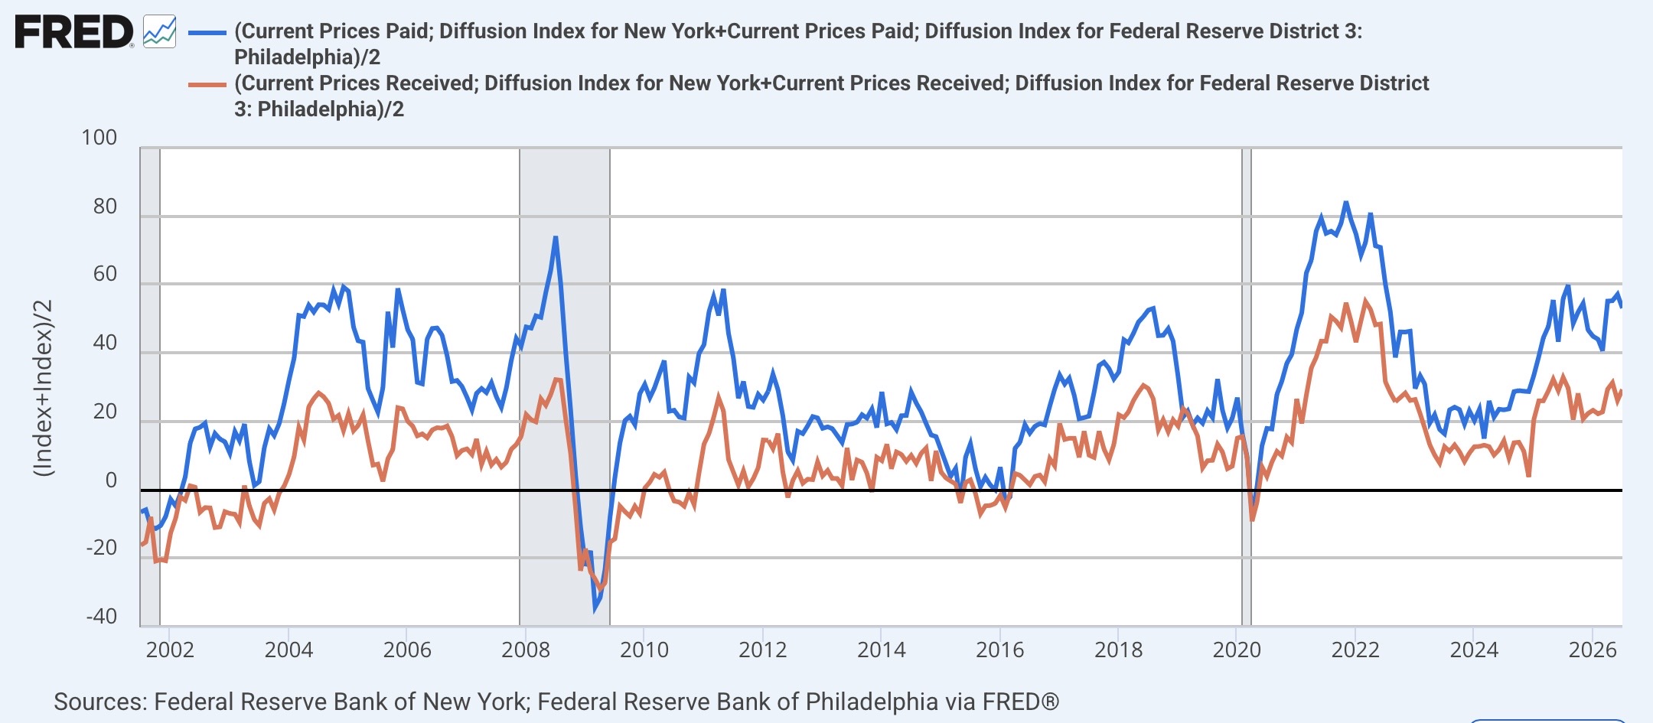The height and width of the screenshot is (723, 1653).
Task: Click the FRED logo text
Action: [74, 33]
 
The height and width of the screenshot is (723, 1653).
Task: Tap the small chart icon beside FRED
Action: [160, 32]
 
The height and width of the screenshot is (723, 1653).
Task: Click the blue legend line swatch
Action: [207, 33]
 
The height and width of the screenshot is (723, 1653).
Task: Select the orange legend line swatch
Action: [207, 85]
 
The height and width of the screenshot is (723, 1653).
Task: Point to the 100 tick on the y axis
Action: [99, 138]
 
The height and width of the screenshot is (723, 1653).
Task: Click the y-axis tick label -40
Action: [102, 617]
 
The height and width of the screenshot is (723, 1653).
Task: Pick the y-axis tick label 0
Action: [111, 480]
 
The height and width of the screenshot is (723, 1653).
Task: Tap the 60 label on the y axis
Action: [105, 274]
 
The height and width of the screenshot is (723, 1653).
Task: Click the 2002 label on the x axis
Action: [170, 650]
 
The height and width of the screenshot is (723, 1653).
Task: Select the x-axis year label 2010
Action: [644, 650]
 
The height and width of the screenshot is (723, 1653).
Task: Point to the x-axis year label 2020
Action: [1237, 650]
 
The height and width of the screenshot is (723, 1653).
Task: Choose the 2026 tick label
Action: [1593, 650]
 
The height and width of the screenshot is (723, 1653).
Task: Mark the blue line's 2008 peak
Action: [555, 237]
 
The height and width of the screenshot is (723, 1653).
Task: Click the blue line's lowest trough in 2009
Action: [595, 609]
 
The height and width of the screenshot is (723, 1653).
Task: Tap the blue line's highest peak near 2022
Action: [1345, 203]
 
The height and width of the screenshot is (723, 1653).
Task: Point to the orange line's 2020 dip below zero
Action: [1252, 519]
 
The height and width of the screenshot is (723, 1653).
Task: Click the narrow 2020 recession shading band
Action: [1246, 386]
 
